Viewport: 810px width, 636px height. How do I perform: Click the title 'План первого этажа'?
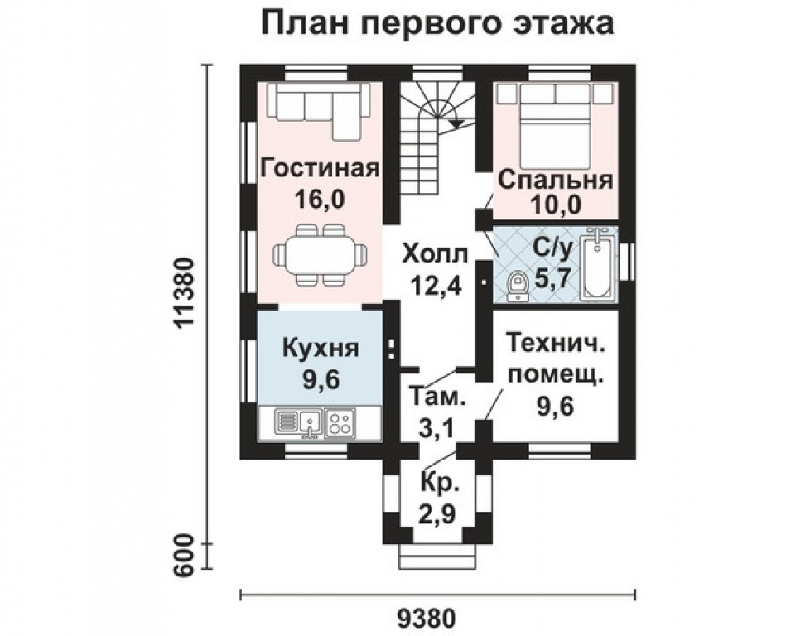(437, 24)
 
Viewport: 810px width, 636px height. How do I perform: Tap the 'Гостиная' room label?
(321, 168)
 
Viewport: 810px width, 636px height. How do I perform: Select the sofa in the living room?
(318, 109)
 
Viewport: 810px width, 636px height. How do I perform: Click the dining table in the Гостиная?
(321, 255)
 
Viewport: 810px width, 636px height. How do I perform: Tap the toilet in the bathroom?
(517, 287)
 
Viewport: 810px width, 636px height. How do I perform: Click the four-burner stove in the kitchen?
(340, 422)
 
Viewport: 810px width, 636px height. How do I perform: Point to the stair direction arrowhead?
(456, 123)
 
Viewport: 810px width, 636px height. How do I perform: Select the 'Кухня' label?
(321, 348)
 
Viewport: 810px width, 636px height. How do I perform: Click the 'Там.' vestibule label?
(437, 397)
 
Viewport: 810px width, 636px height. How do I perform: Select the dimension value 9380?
(429, 618)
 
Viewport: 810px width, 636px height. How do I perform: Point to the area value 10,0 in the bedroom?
(556, 205)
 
